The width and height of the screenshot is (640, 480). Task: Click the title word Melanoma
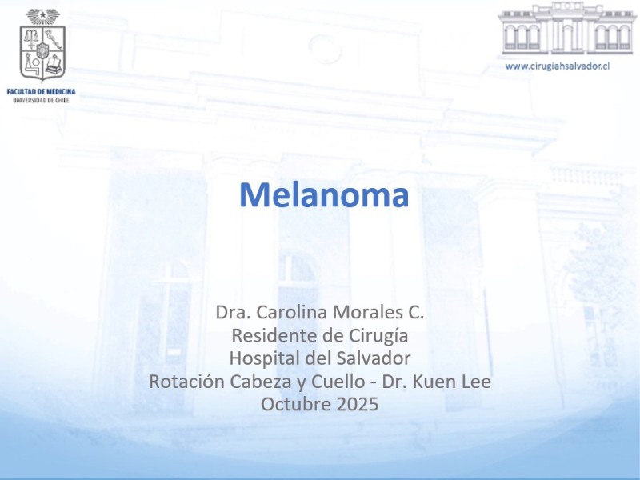(324, 195)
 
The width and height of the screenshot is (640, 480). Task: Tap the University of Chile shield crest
(42, 45)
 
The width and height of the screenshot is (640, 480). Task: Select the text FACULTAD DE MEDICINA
(42, 92)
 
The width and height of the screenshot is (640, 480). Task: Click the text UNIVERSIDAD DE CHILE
(42, 100)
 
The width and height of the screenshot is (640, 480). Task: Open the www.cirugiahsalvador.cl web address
(557, 66)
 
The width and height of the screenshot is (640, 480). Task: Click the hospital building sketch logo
(567, 28)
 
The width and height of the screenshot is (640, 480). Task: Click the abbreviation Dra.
(233, 312)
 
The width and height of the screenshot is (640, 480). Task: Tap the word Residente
(274, 335)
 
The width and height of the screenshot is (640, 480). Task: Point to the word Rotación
(186, 382)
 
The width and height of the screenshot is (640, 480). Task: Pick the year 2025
(358, 405)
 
